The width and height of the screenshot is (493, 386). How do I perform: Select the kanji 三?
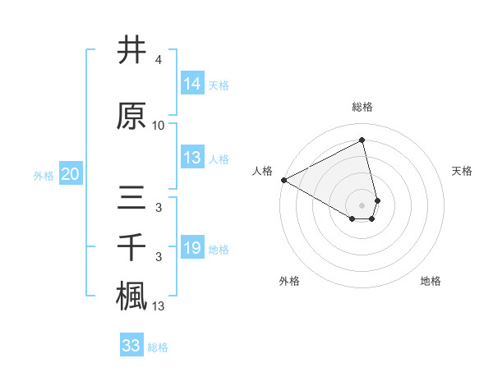tap(131, 198)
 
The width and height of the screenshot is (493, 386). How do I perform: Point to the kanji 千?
tap(131, 246)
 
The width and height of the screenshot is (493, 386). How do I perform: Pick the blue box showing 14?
tap(191, 84)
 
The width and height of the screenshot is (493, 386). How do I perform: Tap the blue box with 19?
tap(191, 248)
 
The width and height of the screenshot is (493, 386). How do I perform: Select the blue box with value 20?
tap(71, 174)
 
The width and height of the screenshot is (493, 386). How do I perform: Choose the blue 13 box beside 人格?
tap(191, 158)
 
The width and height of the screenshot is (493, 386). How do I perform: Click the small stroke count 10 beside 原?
tap(159, 126)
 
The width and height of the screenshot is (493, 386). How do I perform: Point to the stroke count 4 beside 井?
tap(158, 61)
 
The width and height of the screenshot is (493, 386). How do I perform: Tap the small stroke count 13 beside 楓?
tap(159, 306)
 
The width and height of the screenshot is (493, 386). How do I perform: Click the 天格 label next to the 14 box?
tap(219, 85)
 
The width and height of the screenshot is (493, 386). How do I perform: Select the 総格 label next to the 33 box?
tap(158, 347)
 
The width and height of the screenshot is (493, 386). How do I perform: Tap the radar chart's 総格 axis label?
tap(362, 107)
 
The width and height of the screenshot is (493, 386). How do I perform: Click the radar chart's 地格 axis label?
tap(431, 281)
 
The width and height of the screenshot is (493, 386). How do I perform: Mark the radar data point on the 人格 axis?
tap(283, 179)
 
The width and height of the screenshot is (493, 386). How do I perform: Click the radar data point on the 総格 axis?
tap(362, 140)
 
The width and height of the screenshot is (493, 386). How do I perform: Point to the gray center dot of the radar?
tap(362, 204)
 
